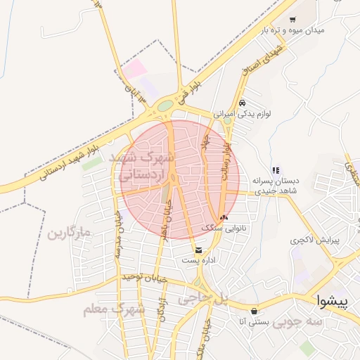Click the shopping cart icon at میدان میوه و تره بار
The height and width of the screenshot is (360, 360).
[x=292, y=20]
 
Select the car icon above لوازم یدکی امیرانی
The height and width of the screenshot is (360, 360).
[x=242, y=101]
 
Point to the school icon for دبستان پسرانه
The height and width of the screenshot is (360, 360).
[x=276, y=169]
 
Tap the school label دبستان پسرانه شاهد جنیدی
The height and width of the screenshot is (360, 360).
[x=276, y=185]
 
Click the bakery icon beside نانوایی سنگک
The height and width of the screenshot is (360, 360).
[x=224, y=217]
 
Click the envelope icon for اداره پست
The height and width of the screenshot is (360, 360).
[x=199, y=250]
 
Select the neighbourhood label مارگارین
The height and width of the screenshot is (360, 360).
[x=70, y=232]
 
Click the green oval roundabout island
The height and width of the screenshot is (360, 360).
[x=165, y=105]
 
